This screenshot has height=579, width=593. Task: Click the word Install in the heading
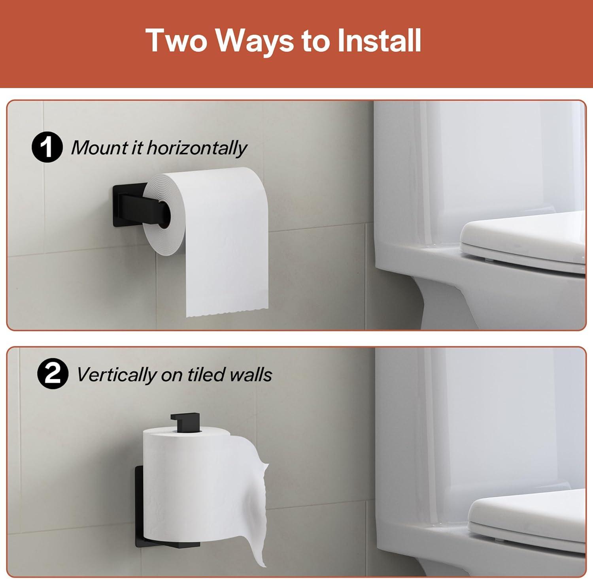(379, 40)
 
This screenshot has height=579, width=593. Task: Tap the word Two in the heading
(176, 40)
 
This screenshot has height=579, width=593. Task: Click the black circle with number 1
(47, 147)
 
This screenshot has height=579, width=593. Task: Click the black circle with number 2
(53, 374)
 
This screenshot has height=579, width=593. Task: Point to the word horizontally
(196, 148)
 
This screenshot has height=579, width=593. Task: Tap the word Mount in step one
(100, 148)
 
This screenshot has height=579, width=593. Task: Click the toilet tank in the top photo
(478, 174)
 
